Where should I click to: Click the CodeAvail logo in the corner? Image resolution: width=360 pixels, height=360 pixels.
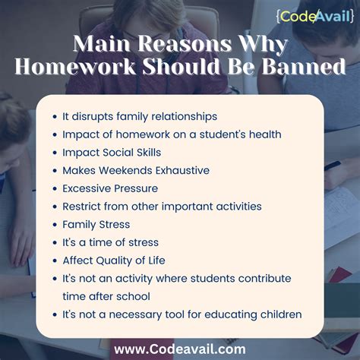[x=315, y=17]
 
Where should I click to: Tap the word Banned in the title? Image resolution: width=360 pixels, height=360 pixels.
[x=304, y=66]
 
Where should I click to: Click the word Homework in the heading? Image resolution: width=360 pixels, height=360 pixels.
[x=75, y=66]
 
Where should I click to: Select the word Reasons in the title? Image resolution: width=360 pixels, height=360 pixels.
[x=185, y=43]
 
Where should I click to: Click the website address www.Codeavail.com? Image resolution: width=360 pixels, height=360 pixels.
[x=180, y=349]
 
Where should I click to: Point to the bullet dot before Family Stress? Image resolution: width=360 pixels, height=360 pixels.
[x=55, y=225]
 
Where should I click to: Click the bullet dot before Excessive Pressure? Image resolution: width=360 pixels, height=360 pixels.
[x=55, y=189]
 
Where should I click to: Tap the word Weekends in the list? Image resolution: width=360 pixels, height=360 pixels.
[x=125, y=170]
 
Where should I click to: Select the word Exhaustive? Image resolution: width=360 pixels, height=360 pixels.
[x=182, y=170]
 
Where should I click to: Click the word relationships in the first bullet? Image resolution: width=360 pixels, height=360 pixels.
[x=184, y=117]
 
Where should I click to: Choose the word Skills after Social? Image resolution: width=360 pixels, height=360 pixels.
[x=149, y=153]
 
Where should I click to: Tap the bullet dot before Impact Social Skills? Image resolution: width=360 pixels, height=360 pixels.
[x=55, y=153]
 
